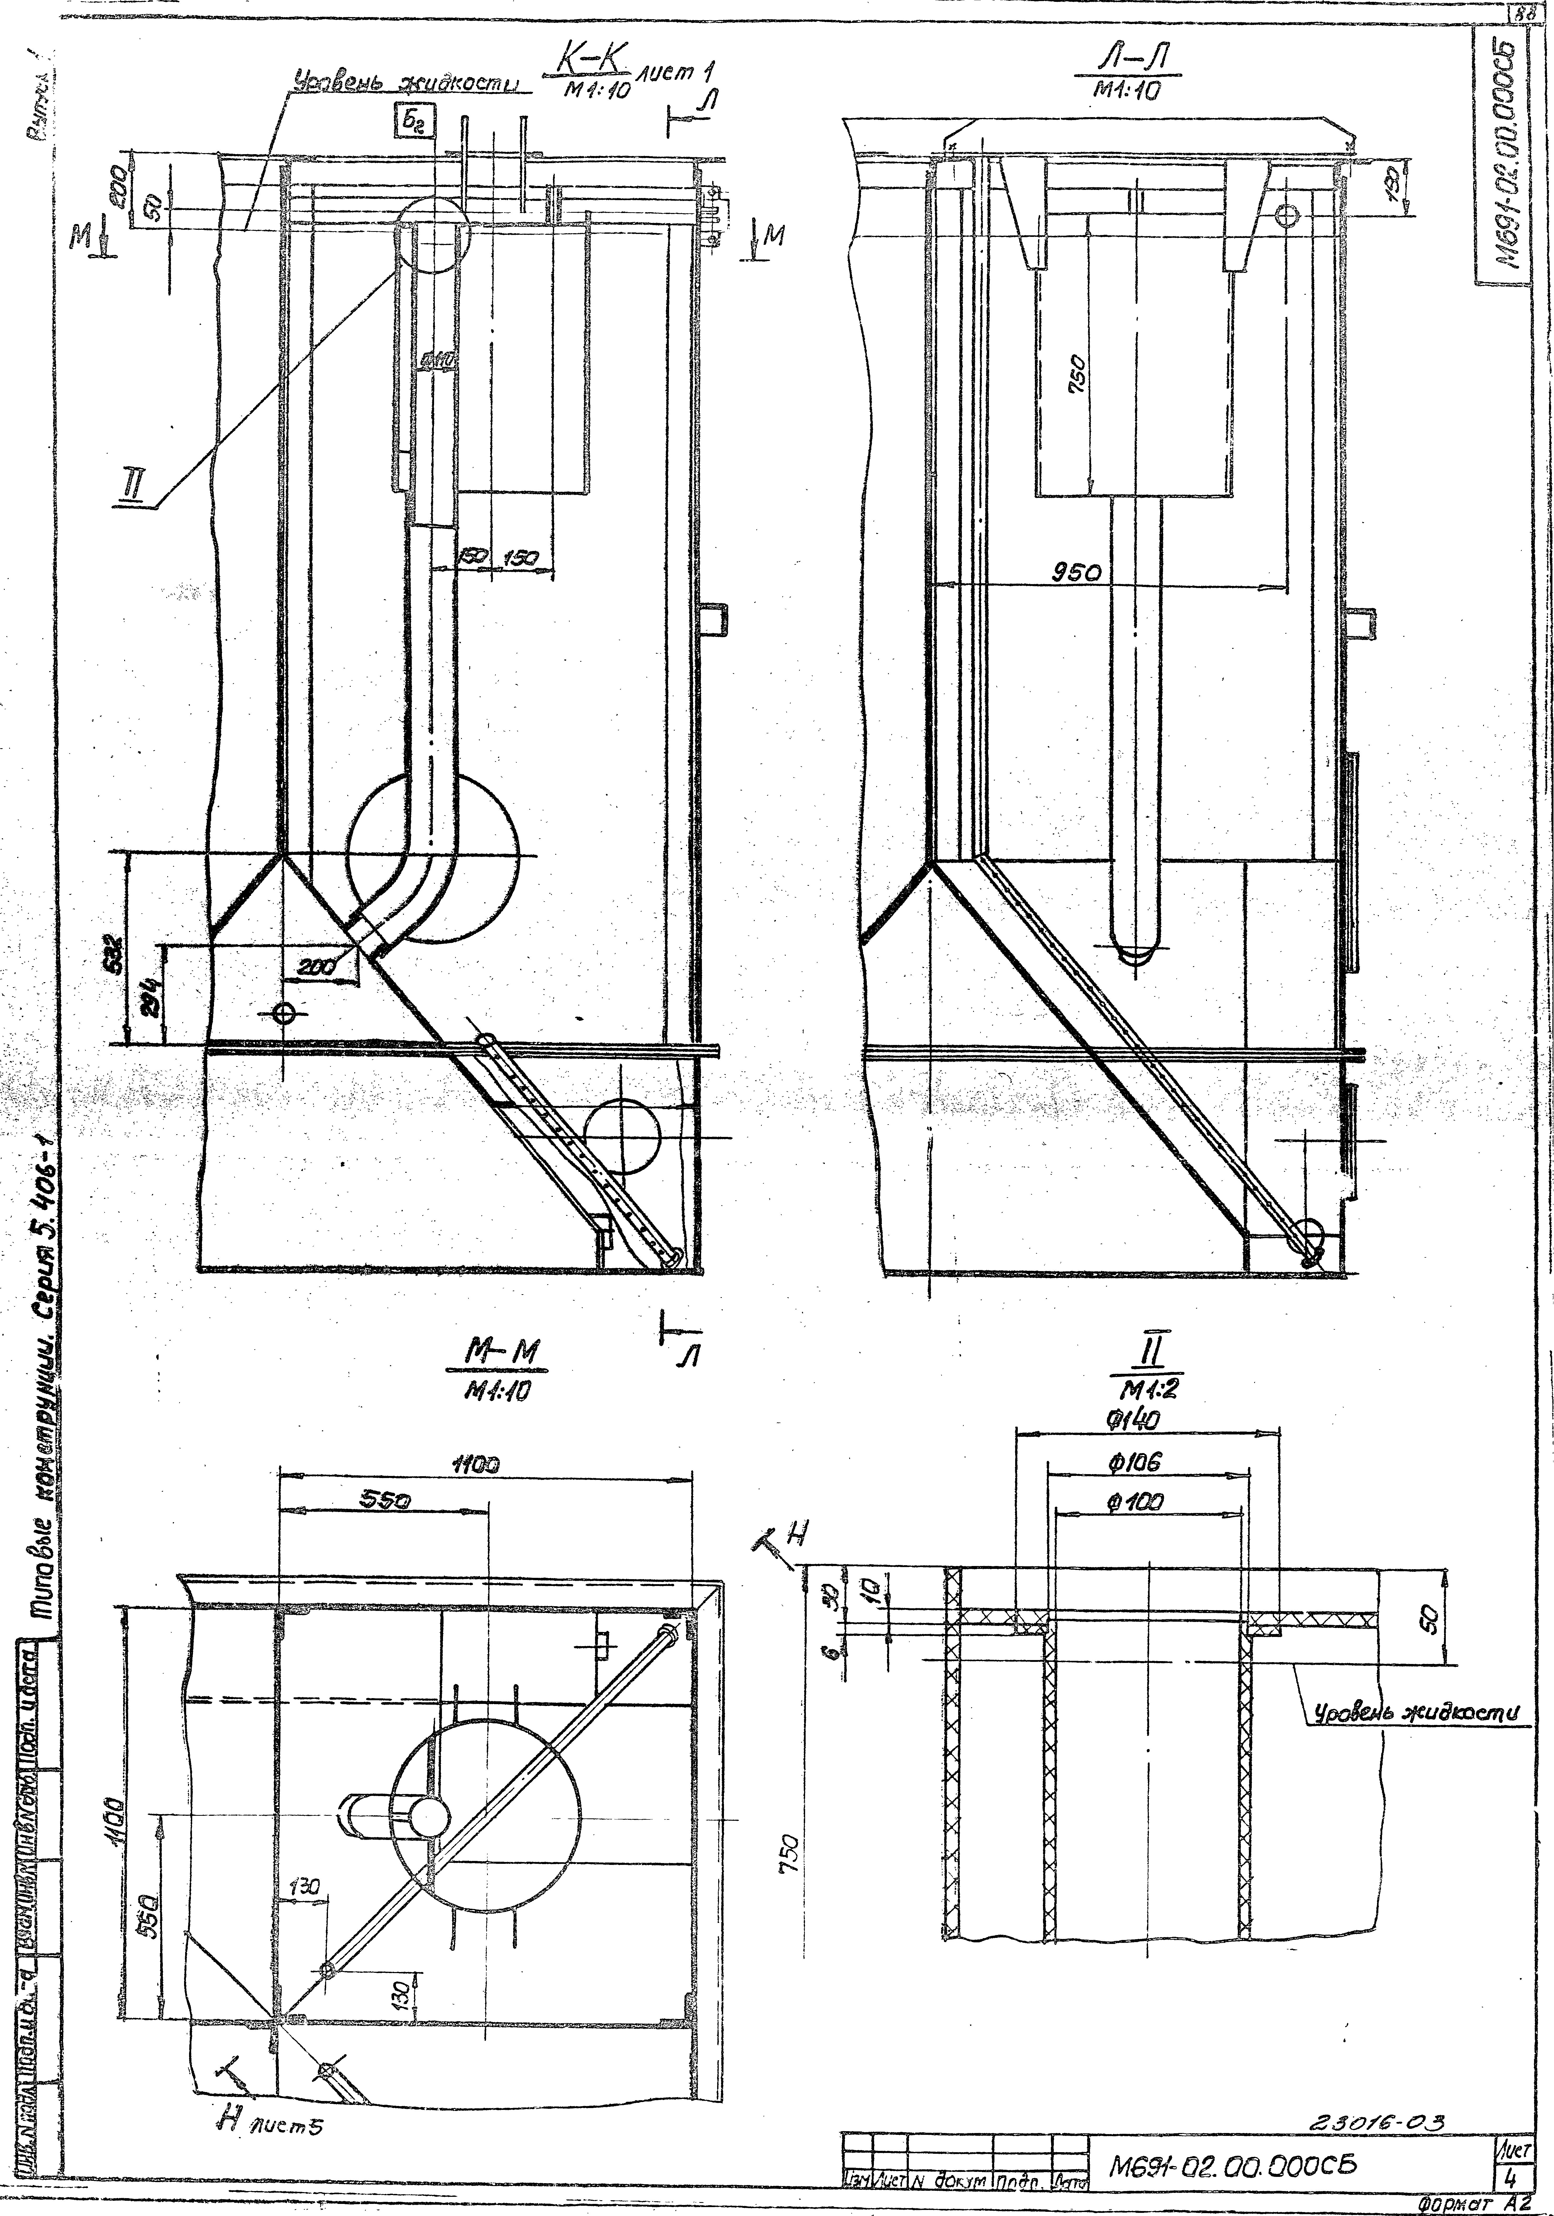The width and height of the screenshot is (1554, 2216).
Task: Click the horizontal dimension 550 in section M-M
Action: click(386, 1501)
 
